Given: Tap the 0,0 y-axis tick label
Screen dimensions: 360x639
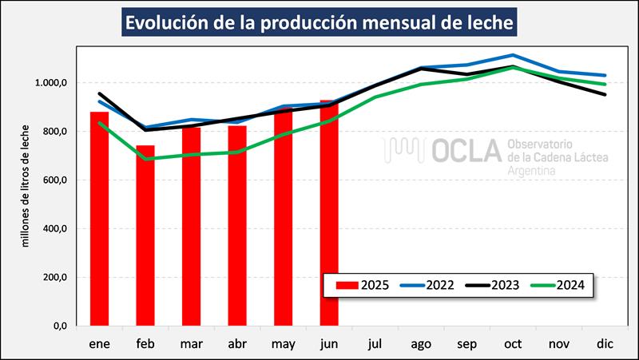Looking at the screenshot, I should pyautogui.click(x=57, y=326).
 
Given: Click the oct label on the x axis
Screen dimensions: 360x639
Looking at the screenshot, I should pyautogui.click(x=514, y=344).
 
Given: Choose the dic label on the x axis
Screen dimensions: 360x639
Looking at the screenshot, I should pyautogui.click(x=605, y=344).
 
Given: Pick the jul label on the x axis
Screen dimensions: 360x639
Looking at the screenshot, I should pyautogui.click(x=375, y=344).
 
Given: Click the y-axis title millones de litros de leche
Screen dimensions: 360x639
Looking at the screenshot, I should pyautogui.click(x=26, y=185).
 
